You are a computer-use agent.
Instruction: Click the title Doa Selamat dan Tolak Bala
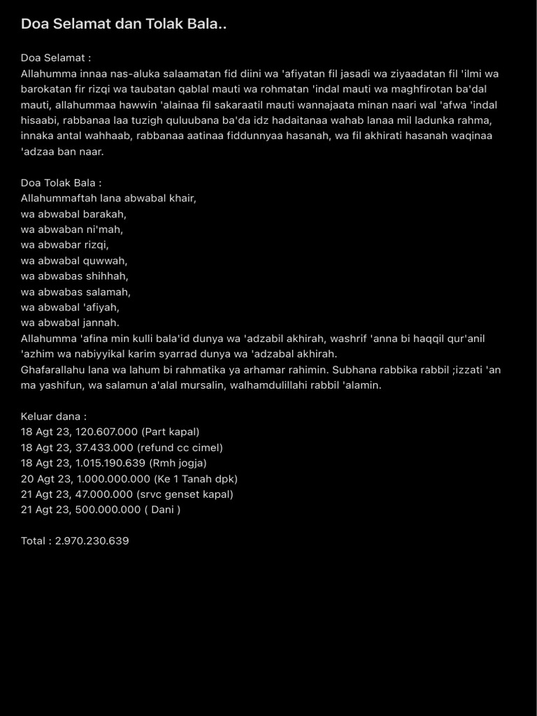124,24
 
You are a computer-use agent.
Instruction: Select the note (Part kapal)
171,432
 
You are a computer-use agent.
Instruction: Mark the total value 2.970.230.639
92,540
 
